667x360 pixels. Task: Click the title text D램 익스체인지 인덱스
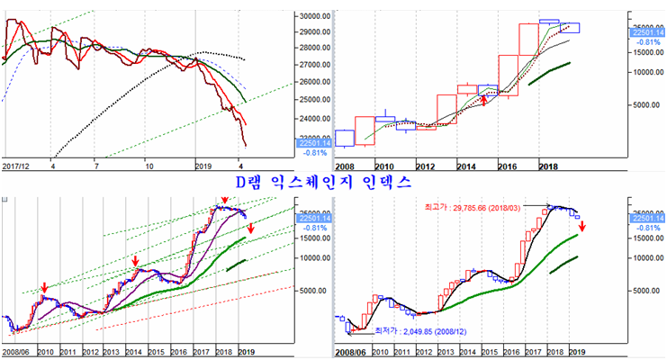click(322, 182)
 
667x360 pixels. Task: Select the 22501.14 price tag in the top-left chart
click(309, 141)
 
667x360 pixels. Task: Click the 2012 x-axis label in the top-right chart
click(425, 166)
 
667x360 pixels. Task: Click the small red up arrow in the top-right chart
click(484, 99)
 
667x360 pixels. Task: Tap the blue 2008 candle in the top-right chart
click(344, 138)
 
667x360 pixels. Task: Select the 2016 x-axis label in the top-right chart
click(508, 166)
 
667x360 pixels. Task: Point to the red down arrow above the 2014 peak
click(135, 261)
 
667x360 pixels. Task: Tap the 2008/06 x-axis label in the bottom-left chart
click(17, 351)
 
